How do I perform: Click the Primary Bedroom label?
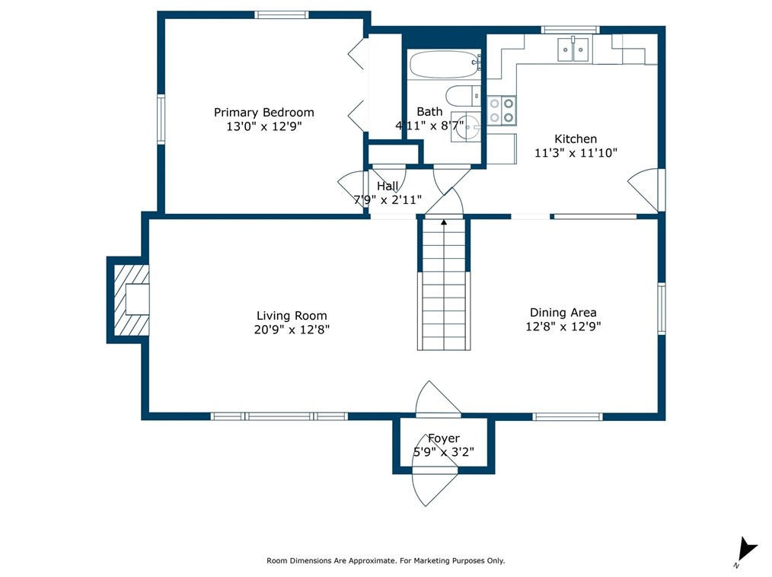point(264,112)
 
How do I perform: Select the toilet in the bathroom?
point(464,95)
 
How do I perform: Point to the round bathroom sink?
point(466,127)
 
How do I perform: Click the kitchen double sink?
point(573,49)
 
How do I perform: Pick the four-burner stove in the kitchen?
point(502,110)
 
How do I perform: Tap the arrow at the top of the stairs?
point(444,222)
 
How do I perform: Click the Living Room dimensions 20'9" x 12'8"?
point(292,330)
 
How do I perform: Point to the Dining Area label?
point(563,312)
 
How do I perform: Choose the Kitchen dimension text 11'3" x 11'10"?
point(576,152)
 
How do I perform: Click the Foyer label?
point(444,438)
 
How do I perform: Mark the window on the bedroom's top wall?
point(282,14)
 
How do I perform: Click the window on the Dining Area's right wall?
point(662,308)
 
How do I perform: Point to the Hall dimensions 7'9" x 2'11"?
point(388,200)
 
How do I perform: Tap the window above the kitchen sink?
point(570,30)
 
